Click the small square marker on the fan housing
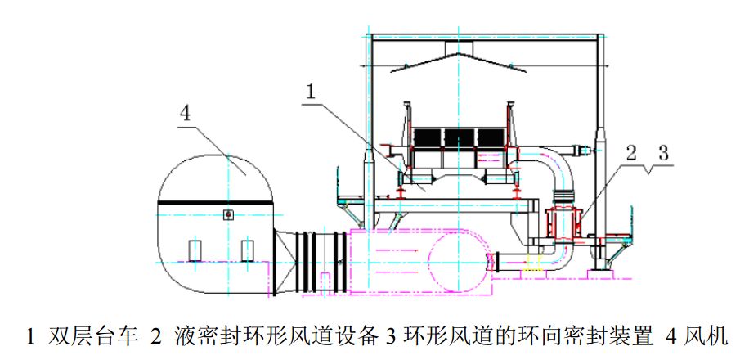[228, 214]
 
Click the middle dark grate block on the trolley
[458, 137]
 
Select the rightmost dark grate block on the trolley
[488, 137]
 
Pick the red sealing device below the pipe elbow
[564, 221]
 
